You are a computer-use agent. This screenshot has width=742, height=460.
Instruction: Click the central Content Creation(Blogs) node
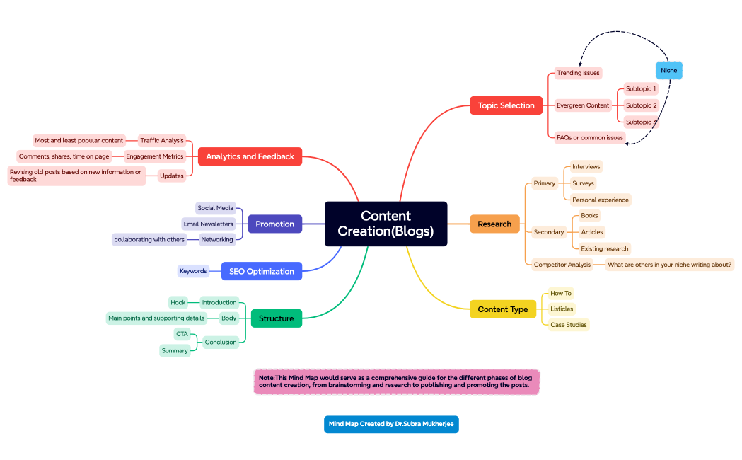[x=386, y=224]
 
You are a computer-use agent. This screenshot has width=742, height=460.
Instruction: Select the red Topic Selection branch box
[x=506, y=105]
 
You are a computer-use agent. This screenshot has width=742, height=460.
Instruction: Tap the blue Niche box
[x=668, y=70]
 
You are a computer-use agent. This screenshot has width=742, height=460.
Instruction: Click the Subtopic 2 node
[x=641, y=105]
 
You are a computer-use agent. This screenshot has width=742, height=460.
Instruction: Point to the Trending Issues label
[x=578, y=73]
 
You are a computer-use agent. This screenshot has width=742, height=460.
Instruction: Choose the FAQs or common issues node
[x=590, y=137]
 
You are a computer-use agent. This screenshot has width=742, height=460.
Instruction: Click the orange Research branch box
[x=494, y=224]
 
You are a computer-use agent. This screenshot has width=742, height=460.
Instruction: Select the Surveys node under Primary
[x=583, y=183]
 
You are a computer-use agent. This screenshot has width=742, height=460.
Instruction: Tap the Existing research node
[x=604, y=248]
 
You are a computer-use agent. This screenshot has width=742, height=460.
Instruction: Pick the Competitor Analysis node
[x=562, y=265]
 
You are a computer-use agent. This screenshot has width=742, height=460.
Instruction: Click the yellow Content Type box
[x=503, y=309]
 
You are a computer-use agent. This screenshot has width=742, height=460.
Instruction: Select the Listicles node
[x=562, y=309]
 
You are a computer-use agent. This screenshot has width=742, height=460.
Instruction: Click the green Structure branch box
[x=276, y=318]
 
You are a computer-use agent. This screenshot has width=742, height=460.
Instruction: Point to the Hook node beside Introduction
[x=178, y=302]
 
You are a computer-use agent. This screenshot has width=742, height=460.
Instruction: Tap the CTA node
[x=182, y=334]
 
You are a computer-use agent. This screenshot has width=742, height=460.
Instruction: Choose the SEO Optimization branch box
[x=261, y=271]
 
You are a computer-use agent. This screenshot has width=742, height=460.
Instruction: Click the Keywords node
[x=193, y=271]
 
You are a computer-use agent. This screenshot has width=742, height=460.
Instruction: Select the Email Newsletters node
[x=208, y=224]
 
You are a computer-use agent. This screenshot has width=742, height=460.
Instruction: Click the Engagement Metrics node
[x=154, y=156]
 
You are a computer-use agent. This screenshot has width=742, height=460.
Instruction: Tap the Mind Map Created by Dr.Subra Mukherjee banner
[x=391, y=424]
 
